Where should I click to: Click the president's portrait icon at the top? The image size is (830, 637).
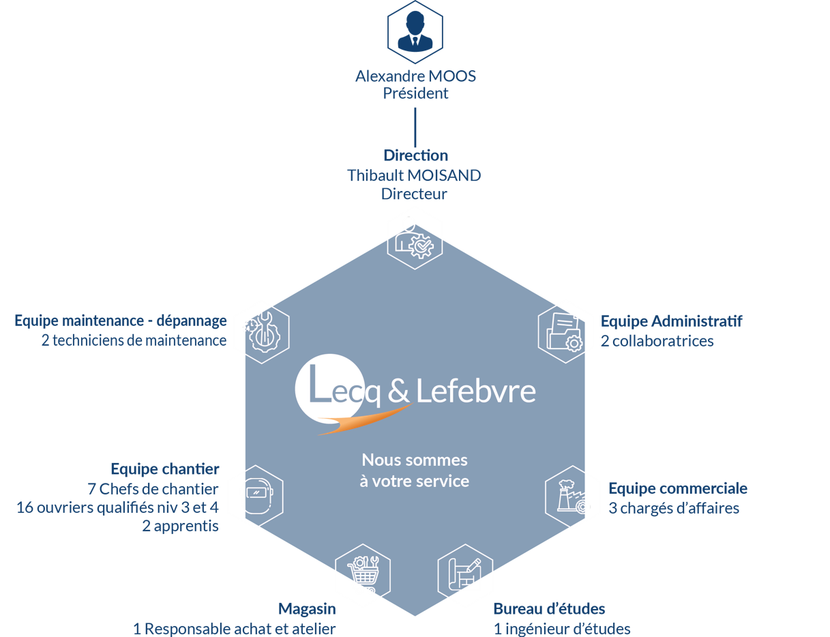pyautogui.click(x=415, y=29)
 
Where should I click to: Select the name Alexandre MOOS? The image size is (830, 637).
pyautogui.click(x=415, y=76)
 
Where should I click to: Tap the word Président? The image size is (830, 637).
pyautogui.click(x=415, y=93)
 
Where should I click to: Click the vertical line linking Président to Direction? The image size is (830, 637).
pyautogui.click(x=415, y=126)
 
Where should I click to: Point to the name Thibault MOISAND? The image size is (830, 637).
pyautogui.click(x=414, y=175)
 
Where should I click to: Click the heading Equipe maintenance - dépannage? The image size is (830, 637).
pyautogui.click(x=121, y=321)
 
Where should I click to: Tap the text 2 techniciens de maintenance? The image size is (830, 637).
pyautogui.click(x=134, y=340)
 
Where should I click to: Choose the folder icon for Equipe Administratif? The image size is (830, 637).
pyautogui.click(x=565, y=331)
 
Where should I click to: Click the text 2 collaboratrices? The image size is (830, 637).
pyautogui.click(x=657, y=340)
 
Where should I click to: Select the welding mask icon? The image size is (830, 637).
pyautogui.click(x=255, y=497)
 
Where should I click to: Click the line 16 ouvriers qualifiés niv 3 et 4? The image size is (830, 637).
pyautogui.click(x=117, y=507)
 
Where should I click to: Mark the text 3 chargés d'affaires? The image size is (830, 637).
pyautogui.click(x=674, y=508)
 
